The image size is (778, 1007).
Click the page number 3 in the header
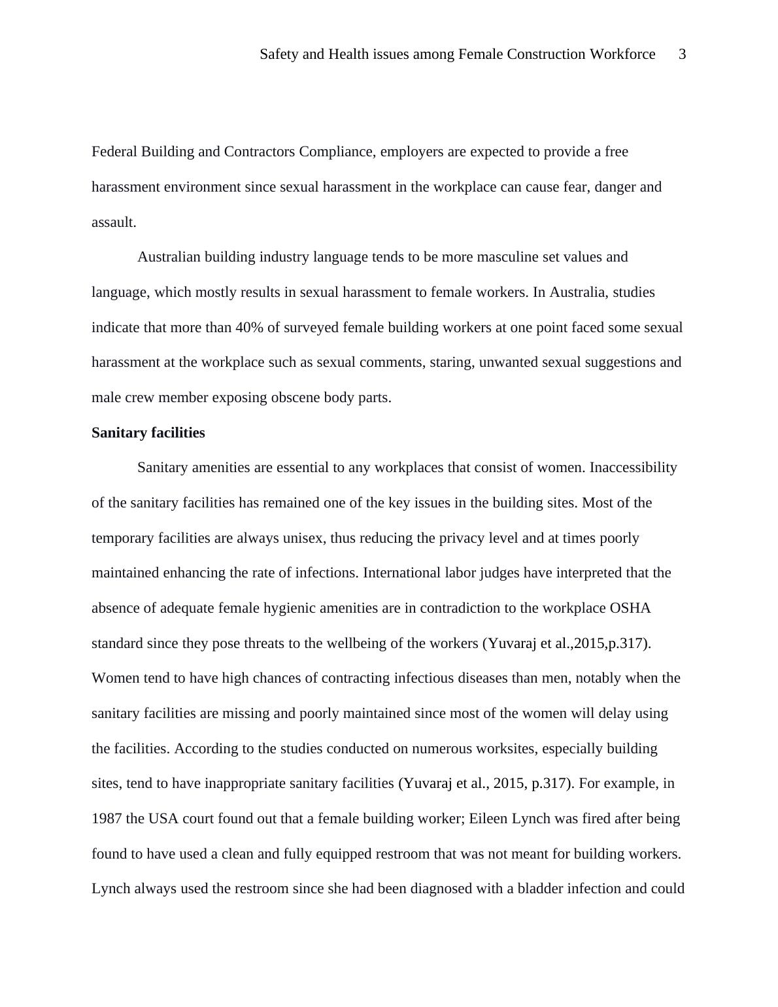pos(682,54)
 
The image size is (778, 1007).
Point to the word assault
pos(114,222)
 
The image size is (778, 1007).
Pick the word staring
pos(452,362)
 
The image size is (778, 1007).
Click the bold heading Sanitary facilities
pos(148,433)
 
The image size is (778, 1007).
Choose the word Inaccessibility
pos(634,468)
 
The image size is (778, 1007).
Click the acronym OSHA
pos(630,608)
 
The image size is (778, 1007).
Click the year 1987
pos(107,819)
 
